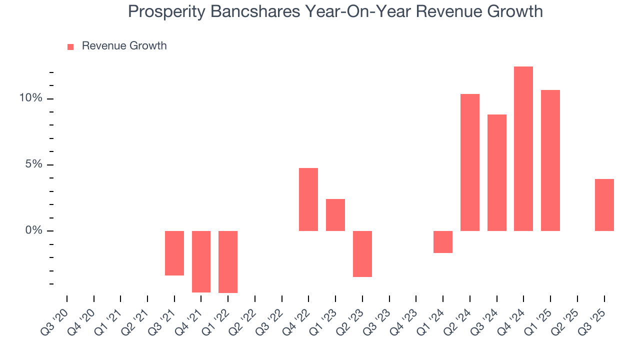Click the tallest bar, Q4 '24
(x=523, y=148)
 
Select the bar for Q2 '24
(x=470, y=162)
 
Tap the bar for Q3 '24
(x=497, y=172)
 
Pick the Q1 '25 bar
(x=550, y=160)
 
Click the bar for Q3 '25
(x=604, y=204)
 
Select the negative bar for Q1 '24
(x=443, y=242)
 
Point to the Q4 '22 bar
(x=308, y=199)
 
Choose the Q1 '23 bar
(x=335, y=214)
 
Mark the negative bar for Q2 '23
(x=362, y=253)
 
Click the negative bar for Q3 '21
(x=174, y=253)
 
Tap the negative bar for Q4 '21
(x=201, y=261)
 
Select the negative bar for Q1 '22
(x=228, y=261)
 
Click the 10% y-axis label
(x=31, y=98)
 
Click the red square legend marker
(x=70, y=46)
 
